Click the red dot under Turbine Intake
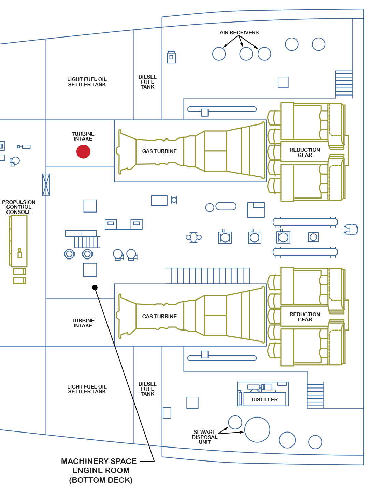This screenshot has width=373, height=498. coord(83,151)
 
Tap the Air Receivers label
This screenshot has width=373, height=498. coord(239,33)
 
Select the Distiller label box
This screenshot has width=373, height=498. coord(265,399)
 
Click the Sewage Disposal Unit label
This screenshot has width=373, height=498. coord(204,437)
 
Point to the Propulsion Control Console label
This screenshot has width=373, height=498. coord(19,207)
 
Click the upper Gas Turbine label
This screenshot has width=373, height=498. coord(159,151)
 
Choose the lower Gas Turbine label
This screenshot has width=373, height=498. coord(159,317)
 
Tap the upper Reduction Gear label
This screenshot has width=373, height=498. coord(305,152)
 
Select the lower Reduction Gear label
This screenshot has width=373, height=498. coord(305,317)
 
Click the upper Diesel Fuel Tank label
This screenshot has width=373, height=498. coord(147,82)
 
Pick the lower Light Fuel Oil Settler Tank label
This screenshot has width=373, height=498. coord(87,389)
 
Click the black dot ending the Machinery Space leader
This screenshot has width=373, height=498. coord(95,288)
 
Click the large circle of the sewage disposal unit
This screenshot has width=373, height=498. coord(257,430)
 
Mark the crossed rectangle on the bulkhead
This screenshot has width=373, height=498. coord(46,185)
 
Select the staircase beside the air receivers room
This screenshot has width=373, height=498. coord(344,84)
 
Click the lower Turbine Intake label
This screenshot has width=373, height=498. coord(83,323)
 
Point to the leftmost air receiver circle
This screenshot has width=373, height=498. coord(219,54)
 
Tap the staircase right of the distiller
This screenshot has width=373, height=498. coord(315,396)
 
